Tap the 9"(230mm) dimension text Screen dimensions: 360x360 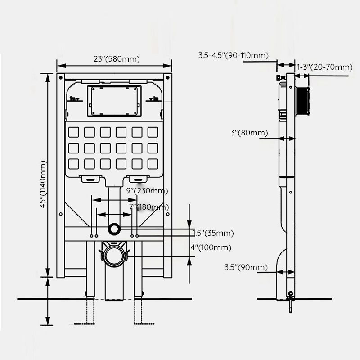pos(147,191)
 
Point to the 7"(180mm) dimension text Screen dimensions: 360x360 pos(148,207)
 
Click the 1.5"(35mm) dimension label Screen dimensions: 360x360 pos(213,233)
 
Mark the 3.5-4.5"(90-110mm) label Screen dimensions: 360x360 pos(234,56)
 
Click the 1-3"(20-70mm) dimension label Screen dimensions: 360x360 pos(324,67)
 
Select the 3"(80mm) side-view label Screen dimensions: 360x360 pos(249,133)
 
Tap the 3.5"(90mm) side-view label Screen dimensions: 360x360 pos(246,267)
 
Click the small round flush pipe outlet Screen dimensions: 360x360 pos(114,229)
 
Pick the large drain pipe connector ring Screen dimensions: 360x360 pos(114,254)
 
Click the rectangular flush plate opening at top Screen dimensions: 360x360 pos(114,100)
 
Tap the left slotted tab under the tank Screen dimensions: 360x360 pos(91,179)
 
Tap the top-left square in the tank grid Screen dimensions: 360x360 pos(73,132)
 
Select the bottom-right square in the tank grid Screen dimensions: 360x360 pos(153,163)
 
